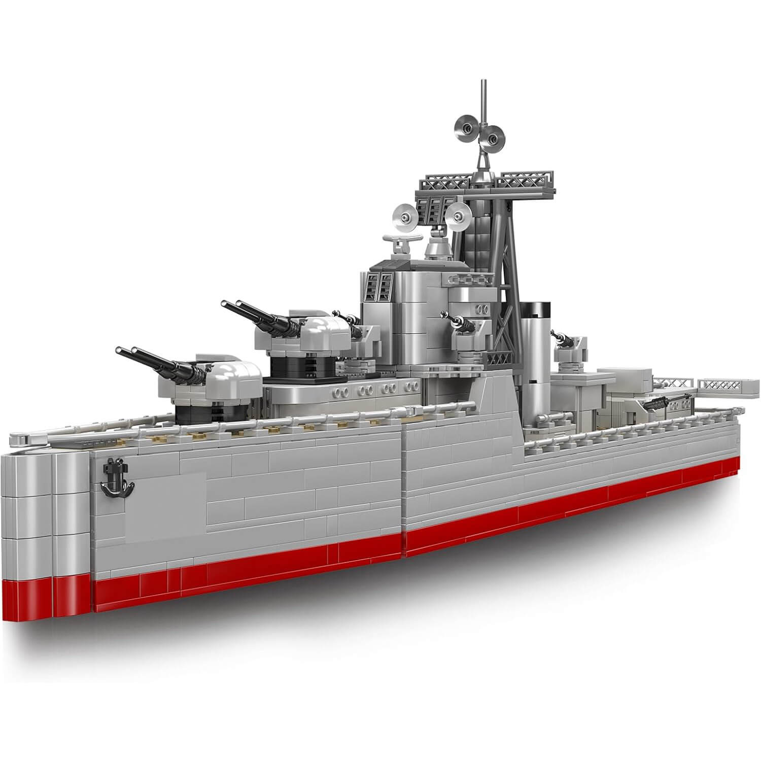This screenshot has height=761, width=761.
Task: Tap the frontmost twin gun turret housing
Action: pyautogui.click(x=228, y=378)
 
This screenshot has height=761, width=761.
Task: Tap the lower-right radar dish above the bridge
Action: pyautogui.click(x=461, y=216)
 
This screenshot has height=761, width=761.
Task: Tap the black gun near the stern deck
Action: pyautogui.click(x=660, y=403)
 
